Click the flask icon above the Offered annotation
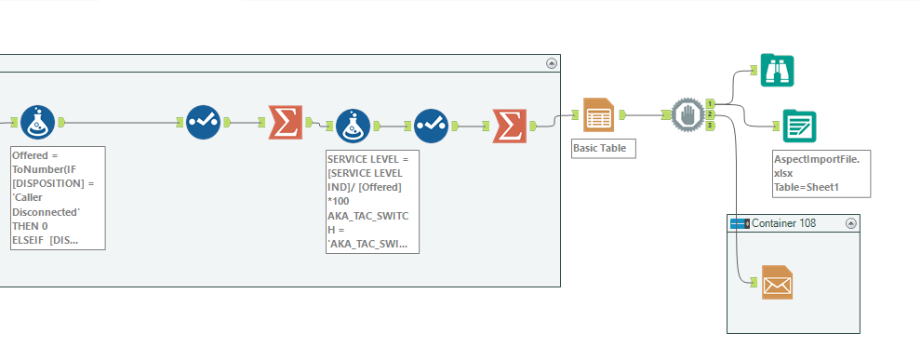coord(38,122)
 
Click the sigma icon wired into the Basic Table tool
coord(509,125)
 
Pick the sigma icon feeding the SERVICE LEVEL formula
coord(286,122)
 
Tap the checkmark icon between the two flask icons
coord(204,122)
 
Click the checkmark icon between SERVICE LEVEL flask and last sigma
coord(431,125)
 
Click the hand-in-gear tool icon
coord(687,114)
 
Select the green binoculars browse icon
coord(777,70)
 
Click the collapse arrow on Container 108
coord(850,224)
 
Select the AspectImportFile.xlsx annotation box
coord(821,173)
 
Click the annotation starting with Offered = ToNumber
coord(58,197)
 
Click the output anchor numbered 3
coord(710,125)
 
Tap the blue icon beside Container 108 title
coord(740,224)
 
